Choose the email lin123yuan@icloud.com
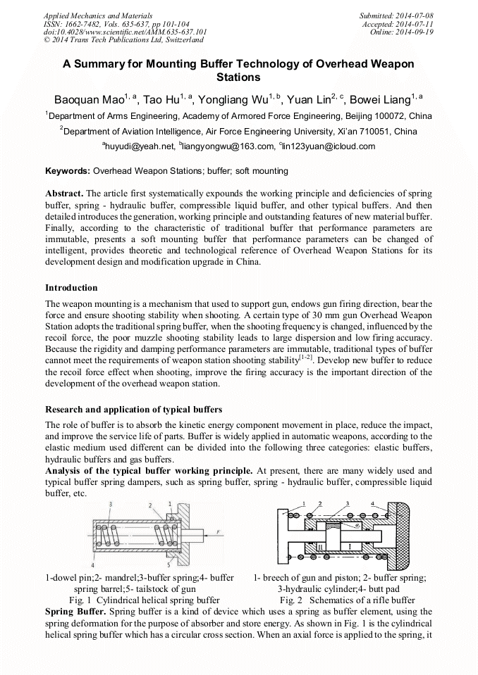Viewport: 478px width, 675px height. coord(329,146)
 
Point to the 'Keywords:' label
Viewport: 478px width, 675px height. coord(68,171)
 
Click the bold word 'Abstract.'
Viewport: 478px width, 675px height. coord(65,194)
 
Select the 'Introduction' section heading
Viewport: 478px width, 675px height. coord(71,288)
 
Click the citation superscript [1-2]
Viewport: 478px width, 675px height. coord(305,358)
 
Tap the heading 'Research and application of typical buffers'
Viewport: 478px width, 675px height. coord(133,410)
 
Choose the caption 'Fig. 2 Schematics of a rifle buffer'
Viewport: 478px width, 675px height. coord(347,600)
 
